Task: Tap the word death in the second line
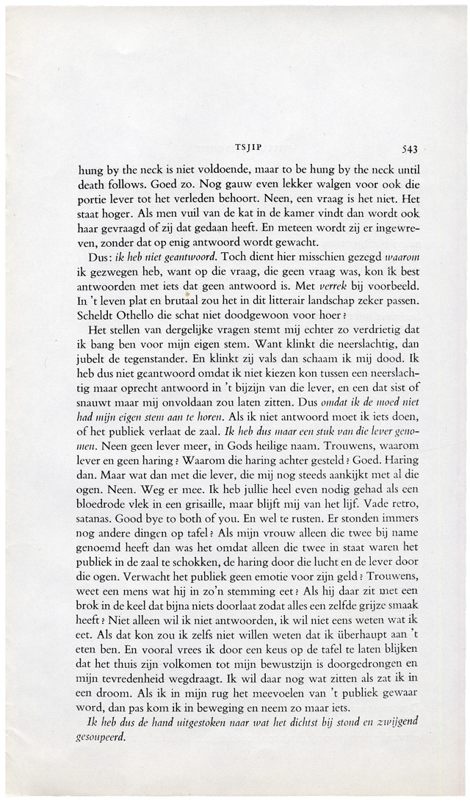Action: (93, 185)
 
